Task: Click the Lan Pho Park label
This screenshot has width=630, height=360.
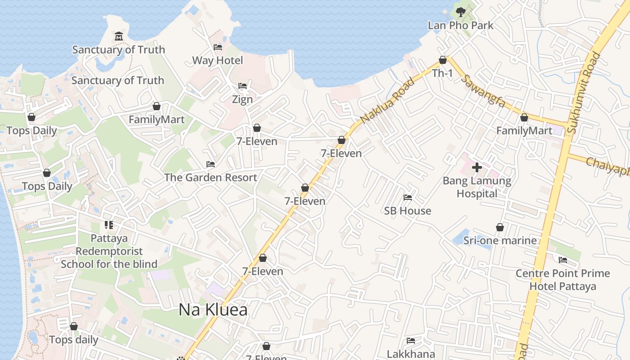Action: pyautogui.click(x=460, y=25)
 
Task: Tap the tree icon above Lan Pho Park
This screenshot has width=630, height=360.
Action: pyautogui.click(x=460, y=12)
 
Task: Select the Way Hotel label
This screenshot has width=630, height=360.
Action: pyautogui.click(x=217, y=60)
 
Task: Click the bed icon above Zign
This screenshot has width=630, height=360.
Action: pyautogui.click(x=243, y=86)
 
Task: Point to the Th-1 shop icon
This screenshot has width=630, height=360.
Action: pyautogui.click(x=442, y=60)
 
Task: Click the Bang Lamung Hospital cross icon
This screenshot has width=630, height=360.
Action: pyautogui.click(x=477, y=167)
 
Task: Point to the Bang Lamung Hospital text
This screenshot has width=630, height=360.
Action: pyautogui.click(x=477, y=187)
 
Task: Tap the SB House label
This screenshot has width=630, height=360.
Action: pyautogui.click(x=407, y=211)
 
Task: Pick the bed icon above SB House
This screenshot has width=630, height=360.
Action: pyautogui.click(x=407, y=198)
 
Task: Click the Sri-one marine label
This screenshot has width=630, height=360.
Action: pyautogui.click(x=500, y=240)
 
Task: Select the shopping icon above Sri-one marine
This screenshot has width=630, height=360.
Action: pyautogui.click(x=499, y=227)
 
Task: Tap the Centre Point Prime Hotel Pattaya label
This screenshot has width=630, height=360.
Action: pyautogui.click(x=562, y=279)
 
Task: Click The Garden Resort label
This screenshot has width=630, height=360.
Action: pyautogui.click(x=211, y=177)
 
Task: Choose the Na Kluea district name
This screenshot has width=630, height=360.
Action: pyautogui.click(x=213, y=310)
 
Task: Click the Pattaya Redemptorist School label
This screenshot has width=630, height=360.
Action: pyautogui.click(x=109, y=251)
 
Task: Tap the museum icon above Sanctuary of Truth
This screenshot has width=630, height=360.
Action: pyautogui.click(x=118, y=36)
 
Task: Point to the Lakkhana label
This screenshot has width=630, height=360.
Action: pyautogui.click(x=411, y=354)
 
